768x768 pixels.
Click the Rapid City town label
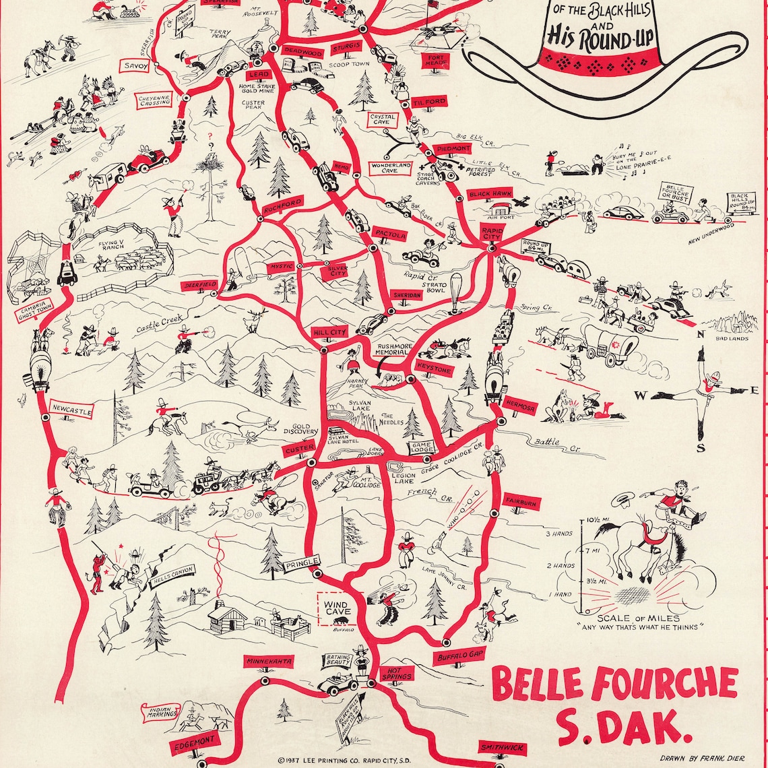(x=491, y=233)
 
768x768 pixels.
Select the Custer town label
(x=300, y=450)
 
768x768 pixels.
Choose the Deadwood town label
(x=299, y=51)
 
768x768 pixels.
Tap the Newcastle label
(x=71, y=410)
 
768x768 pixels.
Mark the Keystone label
(x=435, y=370)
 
